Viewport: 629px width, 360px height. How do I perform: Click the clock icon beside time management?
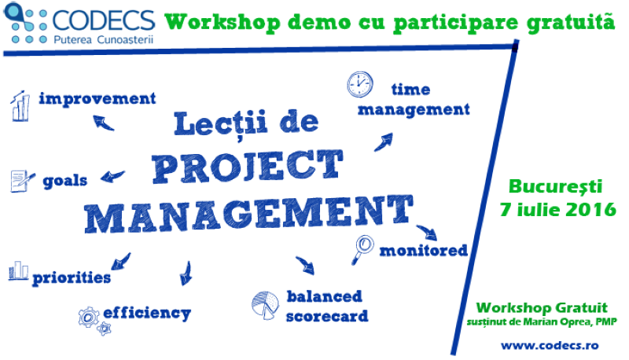pos(359,84)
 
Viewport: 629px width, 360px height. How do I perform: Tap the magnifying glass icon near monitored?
pos(363,249)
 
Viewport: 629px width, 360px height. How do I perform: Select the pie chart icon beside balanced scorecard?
pos(265,305)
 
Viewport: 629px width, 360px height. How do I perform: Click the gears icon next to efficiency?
pos(94,321)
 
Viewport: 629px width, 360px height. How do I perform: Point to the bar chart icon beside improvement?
pos(20,106)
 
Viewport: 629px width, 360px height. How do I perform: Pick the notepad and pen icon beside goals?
pos(22,181)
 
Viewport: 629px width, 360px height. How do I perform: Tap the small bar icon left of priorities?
pos(18,270)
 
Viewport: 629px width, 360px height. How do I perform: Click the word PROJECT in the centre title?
pos(248,167)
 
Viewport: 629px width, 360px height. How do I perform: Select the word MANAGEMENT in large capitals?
pos(248,214)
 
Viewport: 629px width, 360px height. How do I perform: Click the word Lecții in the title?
pos(221,123)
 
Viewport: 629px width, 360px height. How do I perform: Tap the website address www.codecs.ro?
pos(550,345)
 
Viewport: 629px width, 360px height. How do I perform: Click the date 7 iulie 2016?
pos(557,209)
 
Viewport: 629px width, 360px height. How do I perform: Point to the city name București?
pos(556,186)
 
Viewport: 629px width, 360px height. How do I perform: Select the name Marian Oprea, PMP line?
pos(542,321)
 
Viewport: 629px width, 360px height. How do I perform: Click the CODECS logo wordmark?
pos(104,20)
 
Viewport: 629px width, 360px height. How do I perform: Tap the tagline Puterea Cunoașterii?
pos(104,39)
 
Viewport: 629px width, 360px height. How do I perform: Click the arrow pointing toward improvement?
pos(103,123)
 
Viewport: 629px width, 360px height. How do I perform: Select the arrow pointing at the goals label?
pos(112,176)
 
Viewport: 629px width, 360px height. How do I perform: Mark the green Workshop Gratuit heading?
pos(542,307)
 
